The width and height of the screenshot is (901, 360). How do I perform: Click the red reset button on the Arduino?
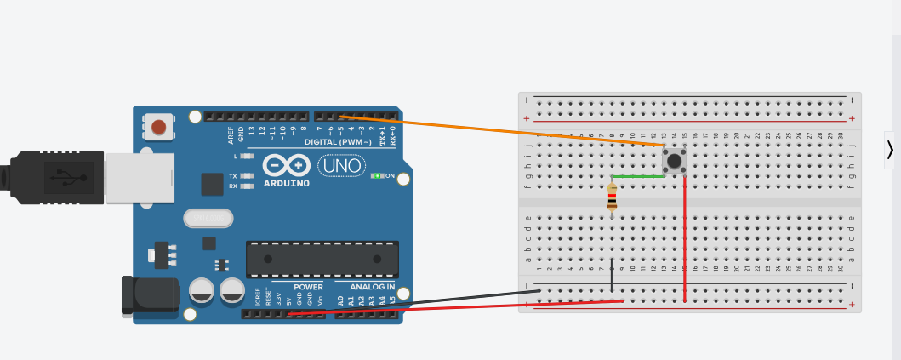coord(158,128)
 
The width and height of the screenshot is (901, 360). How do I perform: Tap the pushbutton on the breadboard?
coord(675,159)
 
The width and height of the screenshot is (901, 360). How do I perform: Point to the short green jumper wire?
coord(638,176)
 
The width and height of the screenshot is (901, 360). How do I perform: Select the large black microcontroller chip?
coord(322,259)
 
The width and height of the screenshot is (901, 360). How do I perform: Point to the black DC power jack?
coord(150,294)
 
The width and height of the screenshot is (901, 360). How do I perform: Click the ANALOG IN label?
coord(374,287)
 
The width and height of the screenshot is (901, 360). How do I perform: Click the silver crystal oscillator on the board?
coord(208,219)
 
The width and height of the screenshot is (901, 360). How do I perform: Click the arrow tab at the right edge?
coord(890,149)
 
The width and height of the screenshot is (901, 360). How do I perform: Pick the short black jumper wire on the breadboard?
coord(612,274)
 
